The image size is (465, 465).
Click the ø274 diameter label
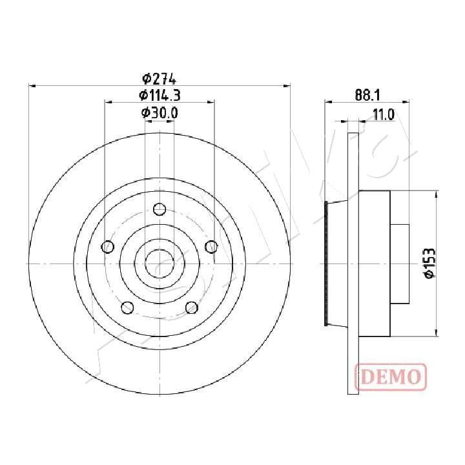160,79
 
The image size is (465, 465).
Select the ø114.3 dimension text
160,96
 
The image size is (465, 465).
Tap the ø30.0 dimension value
160,112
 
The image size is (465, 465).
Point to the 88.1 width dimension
367,96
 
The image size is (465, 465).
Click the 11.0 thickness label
384,114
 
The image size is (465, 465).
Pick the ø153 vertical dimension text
429,263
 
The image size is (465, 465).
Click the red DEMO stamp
391,377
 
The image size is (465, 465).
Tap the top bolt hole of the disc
160,209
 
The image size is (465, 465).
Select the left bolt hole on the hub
108,247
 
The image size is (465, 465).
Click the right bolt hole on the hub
211,247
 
